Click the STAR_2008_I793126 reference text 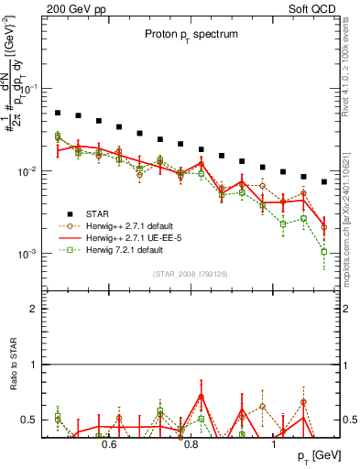pos(190,273)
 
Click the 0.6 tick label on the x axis pos(109,444)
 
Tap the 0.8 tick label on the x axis pos(191,444)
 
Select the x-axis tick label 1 pos(275,444)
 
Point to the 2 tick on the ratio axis pos(34,309)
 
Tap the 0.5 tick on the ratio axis pos(30,420)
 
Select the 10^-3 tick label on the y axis pos(28,254)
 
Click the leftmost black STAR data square pos(57,113)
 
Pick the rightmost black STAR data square pos(323,181)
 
